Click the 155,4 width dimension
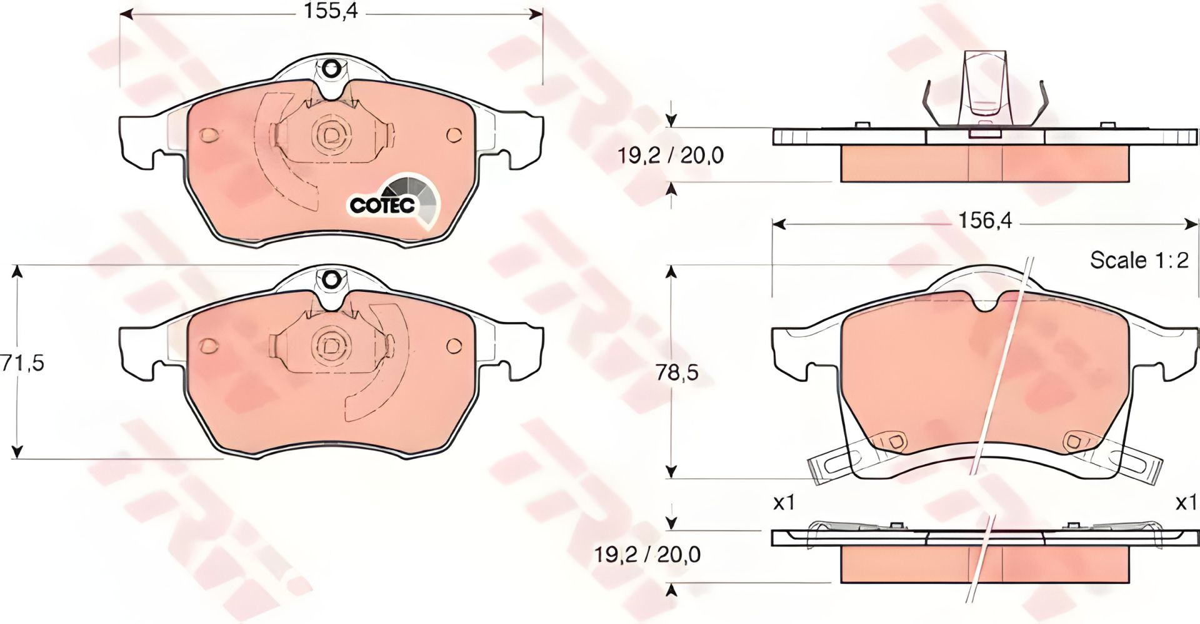pyautogui.click(x=331, y=11)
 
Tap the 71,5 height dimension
pyautogui.click(x=22, y=363)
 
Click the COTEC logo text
pyautogui.click(x=382, y=205)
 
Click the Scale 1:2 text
pyautogui.click(x=1139, y=260)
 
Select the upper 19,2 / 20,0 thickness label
pyautogui.click(x=671, y=155)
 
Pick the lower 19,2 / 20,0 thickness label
pyautogui.click(x=647, y=554)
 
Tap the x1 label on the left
pyautogui.click(x=783, y=502)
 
